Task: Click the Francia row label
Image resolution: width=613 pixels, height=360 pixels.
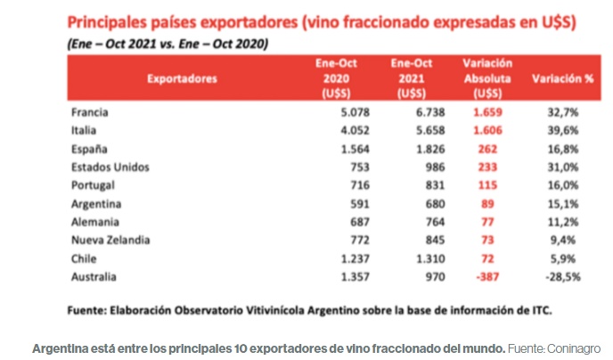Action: pos(90,112)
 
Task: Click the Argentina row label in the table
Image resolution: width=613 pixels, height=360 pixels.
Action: pos(95,202)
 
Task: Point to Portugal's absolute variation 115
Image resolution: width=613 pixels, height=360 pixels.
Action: pos(486,184)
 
